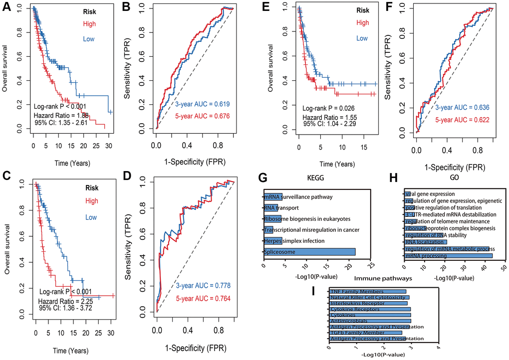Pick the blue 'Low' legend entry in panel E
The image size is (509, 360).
(x=362, y=38)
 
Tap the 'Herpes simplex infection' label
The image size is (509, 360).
(x=296, y=241)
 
